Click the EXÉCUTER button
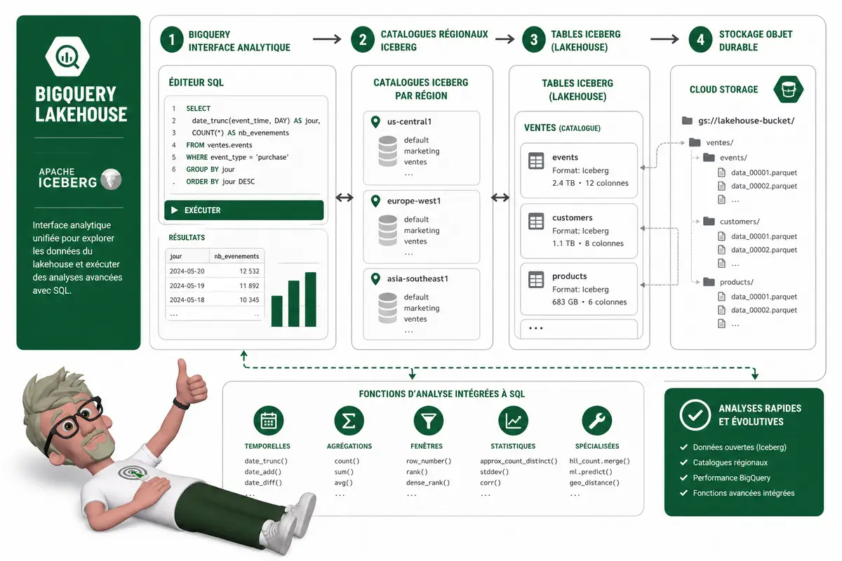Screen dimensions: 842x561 [243, 210]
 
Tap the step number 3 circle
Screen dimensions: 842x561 [534, 39]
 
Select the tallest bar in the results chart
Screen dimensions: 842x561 [310, 299]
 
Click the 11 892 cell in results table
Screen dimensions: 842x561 [249, 285]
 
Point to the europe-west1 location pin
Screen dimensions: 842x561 [375, 201]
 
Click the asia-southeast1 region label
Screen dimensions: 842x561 [417, 279]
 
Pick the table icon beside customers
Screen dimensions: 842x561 [536, 222]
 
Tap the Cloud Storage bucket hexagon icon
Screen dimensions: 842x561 [788, 90]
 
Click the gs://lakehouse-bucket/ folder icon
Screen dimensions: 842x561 [687, 121]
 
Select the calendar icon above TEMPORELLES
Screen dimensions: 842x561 [268, 421]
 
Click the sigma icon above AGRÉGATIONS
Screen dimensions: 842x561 [349, 421]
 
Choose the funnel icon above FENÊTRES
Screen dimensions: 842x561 [429, 421]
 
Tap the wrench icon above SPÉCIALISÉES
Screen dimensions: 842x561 [596, 421]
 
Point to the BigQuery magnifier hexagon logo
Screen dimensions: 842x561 [67, 57]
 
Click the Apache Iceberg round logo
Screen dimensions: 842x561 [111, 179]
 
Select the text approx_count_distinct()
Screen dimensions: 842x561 [519, 461]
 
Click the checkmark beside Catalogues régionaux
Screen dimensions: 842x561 [683, 463]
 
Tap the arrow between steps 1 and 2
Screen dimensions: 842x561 [327, 39]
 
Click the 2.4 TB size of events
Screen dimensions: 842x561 [563, 183]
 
